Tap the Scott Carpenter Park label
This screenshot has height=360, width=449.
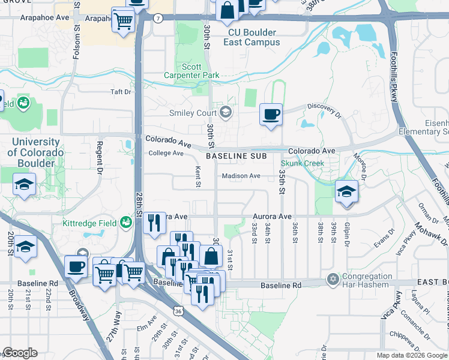coord(192,71)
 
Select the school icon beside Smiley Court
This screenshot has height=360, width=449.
coord(226,112)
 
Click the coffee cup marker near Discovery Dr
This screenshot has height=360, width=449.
coord(271,114)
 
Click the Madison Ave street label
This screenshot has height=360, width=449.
coord(241,176)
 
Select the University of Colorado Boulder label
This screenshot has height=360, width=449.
coord(35,152)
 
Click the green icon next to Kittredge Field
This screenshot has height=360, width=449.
coord(126,223)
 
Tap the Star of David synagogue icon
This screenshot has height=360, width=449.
coord(332,280)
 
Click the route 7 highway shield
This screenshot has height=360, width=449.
coord(157,18)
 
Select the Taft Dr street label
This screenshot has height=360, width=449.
coord(120,92)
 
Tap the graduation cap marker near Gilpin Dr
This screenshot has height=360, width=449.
coord(346,192)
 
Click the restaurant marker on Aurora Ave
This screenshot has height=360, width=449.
coord(154,223)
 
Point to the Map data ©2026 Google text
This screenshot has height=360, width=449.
coord(412,355)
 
